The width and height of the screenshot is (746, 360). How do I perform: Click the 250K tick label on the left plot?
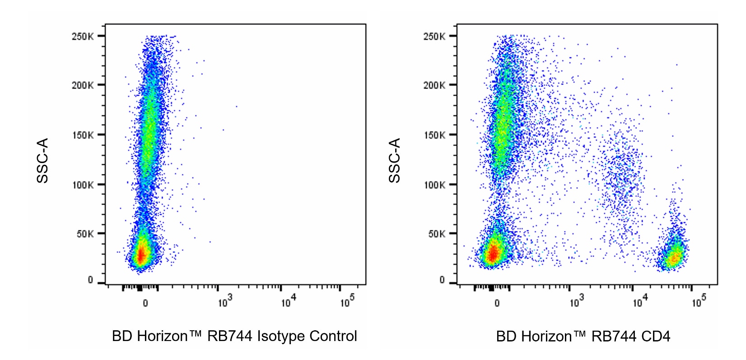click(x=82, y=36)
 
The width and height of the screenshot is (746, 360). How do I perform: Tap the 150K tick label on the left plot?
click(x=82, y=135)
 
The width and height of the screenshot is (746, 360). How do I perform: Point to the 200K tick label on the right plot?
click(x=434, y=85)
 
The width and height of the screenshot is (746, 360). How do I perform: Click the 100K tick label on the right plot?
click(x=434, y=185)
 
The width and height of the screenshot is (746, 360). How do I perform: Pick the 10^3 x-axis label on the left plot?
click(x=225, y=301)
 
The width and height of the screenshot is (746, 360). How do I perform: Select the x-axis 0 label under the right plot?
click(x=497, y=303)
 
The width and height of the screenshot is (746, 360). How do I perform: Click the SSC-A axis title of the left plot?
click(x=42, y=160)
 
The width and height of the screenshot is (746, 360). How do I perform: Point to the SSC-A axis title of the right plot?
click(x=394, y=160)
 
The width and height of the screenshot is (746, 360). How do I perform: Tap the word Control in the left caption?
click(x=333, y=337)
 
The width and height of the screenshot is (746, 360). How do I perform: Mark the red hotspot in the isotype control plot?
click(x=141, y=256)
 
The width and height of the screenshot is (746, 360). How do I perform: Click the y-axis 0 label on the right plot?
click(x=442, y=280)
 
